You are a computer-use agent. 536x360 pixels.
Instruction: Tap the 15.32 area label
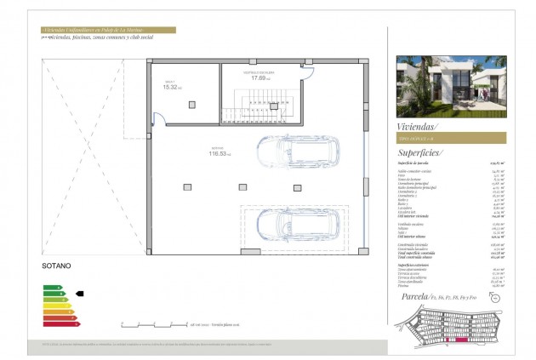pyautogui.click(x=172, y=87)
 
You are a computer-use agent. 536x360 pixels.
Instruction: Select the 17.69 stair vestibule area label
pyautogui.click(x=259, y=78)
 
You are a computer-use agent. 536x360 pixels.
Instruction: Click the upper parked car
pyautogui.click(x=299, y=154)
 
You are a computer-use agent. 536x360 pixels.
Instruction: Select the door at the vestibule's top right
pyautogui.click(x=306, y=71)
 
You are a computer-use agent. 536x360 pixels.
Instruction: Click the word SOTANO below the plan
pyautogui.click(x=56, y=266)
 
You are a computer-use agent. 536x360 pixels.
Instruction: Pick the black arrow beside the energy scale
pyautogui.click(x=80, y=293)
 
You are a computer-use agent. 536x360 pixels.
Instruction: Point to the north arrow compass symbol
pyautogui.click(x=496, y=298)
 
